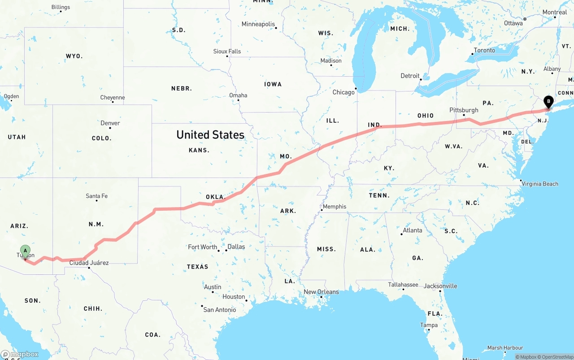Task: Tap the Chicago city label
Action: click(344, 92)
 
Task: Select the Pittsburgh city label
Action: click(464, 110)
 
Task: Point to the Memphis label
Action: click(335, 207)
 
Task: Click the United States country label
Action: click(210, 134)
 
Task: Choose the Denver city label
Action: click(110, 123)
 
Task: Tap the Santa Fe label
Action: click(96, 196)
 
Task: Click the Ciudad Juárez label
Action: click(89, 263)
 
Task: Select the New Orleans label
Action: click(321, 292)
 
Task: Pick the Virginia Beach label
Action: click(540, 184)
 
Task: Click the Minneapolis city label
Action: click(258, 24)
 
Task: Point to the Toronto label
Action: click(484, 50)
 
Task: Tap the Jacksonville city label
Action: click(440, 286)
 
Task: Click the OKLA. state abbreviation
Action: click(215, 197)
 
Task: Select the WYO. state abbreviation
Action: click(74, 56)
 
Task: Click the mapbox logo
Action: click(20, 354)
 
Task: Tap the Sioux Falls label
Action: click(227, 52)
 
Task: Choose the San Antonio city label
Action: click(219, 310)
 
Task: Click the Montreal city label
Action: click(555, 12)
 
